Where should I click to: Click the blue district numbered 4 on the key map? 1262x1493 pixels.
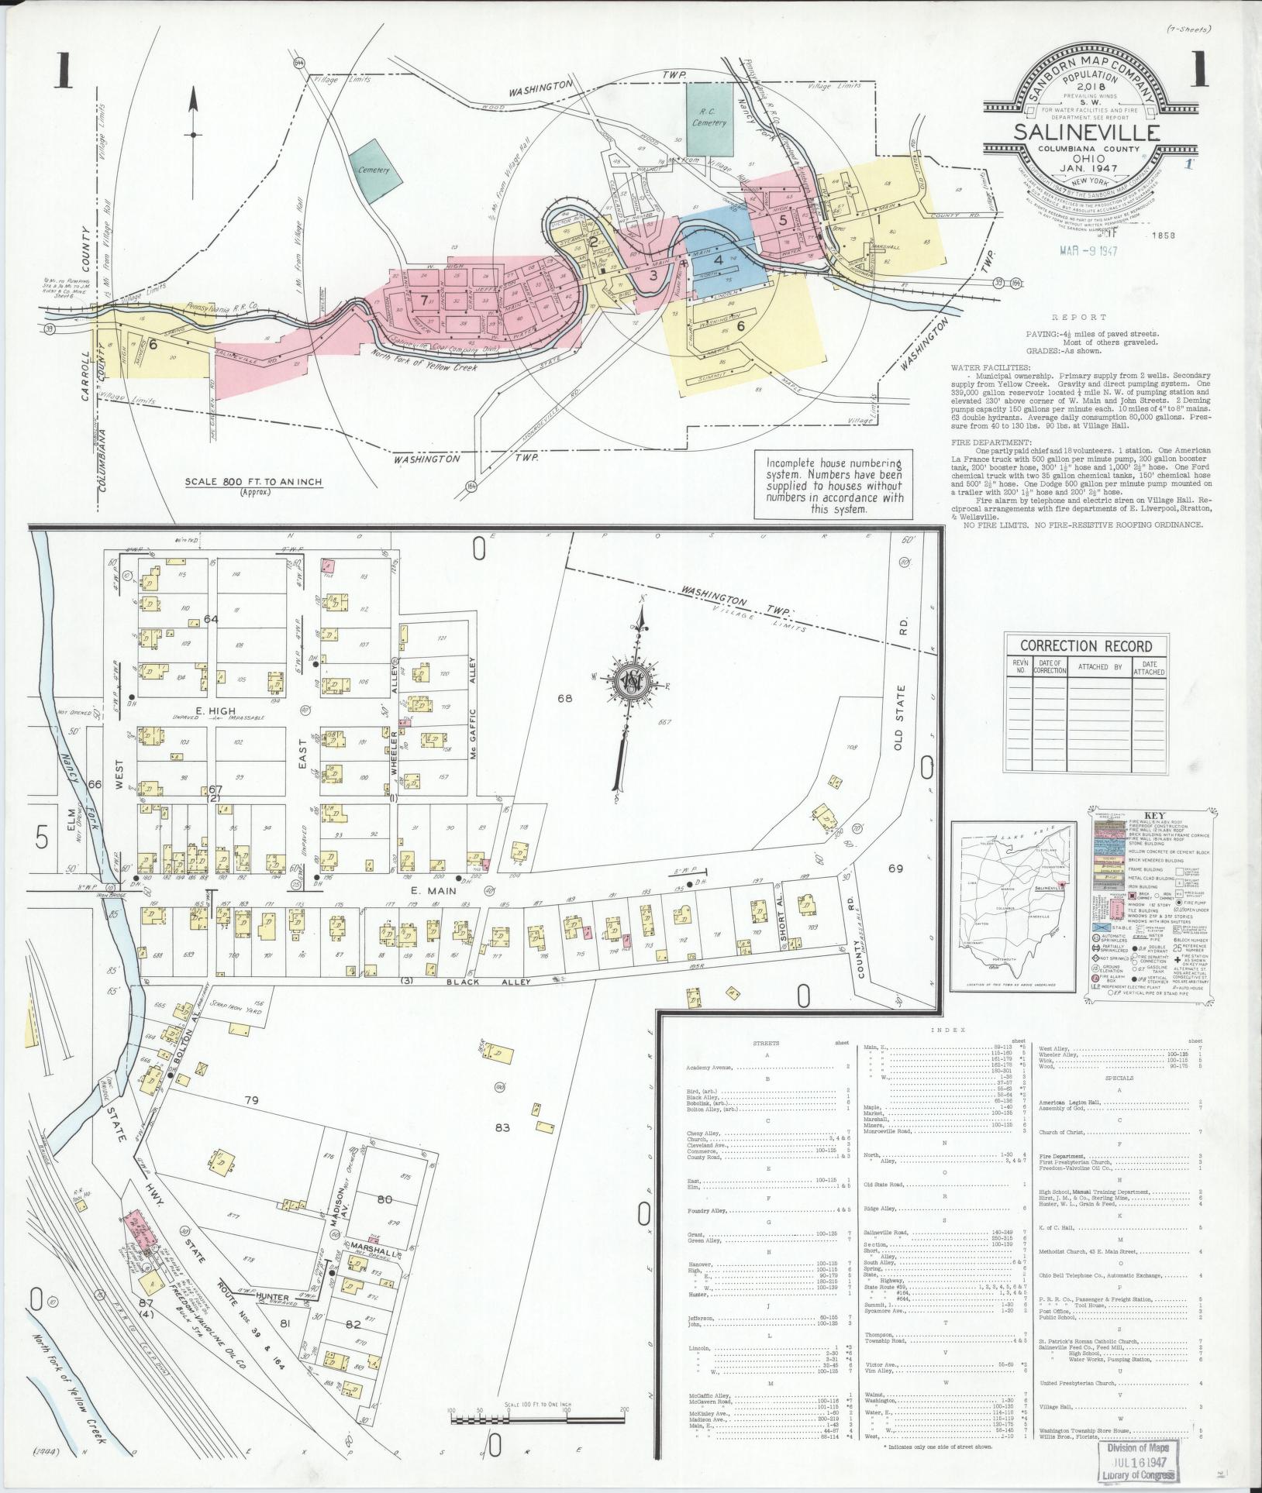click(719, 260)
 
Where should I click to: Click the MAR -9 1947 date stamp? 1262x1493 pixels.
click(1088, 250)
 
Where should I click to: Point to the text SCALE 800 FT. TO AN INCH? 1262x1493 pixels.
click(253, 482)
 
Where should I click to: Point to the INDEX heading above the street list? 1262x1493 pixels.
click(952, 1030)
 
